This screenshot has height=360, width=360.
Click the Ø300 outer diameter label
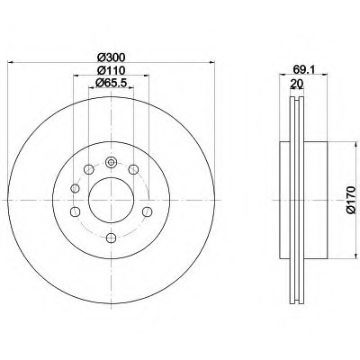pos(111,57)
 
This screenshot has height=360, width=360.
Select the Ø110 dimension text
pos(111,70)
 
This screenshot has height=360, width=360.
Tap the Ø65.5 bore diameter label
pos(112,82)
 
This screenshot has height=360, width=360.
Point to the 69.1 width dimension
pos(303,69)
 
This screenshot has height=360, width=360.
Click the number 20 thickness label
pos(297,83)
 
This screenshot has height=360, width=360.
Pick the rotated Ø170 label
pos(350,200)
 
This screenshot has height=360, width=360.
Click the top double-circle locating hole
pos(111,163)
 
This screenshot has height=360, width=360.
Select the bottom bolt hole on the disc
pos(111,238)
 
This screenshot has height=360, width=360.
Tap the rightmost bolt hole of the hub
pos(147,211)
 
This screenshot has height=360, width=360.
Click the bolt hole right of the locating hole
pos(133,169)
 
